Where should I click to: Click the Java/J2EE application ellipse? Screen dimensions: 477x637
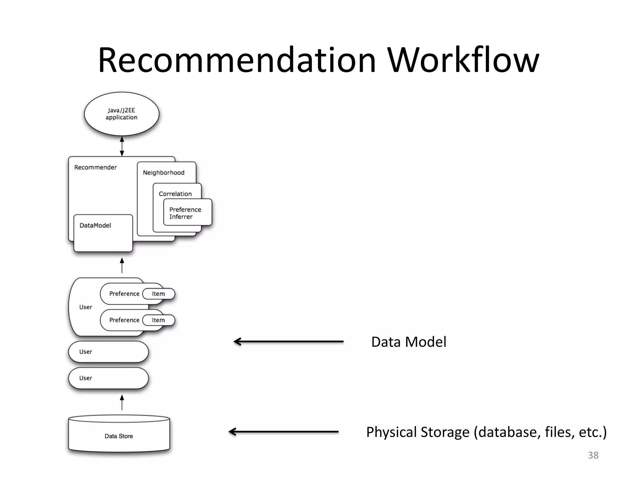[x=121, y=114]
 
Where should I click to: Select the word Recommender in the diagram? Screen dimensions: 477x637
[x=95, y=167]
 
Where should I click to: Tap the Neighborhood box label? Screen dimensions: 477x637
[x=164, y=173]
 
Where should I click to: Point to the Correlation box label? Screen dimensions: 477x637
[x=175, y=194]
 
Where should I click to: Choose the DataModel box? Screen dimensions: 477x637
[x=103, y=233]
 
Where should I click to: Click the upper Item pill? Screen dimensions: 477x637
[x=158, y=294]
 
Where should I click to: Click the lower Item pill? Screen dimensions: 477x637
[x=158, y=320]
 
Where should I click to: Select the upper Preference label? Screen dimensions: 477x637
[x=124, y=294]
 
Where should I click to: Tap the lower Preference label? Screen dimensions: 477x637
[x=124, y=320]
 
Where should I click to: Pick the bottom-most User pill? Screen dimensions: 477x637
[x=108, y=378]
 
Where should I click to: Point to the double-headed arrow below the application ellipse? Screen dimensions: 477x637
[x=122, y=146]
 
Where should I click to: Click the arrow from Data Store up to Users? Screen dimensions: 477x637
[x=122, y=402]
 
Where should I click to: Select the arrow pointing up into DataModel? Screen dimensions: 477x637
[x=122, y=265]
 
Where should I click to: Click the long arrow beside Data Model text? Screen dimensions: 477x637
[x=289, y=342]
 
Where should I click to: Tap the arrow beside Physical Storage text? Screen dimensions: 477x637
[x=284, y=432]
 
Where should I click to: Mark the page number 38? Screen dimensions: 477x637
[x=593, y=455]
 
